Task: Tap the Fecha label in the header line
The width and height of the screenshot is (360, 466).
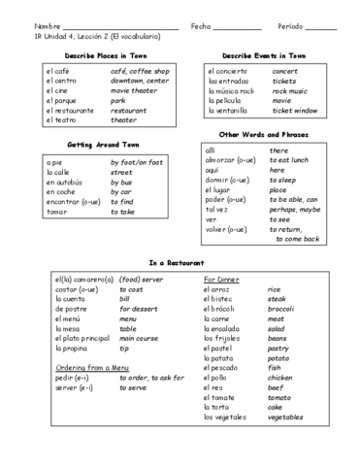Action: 201,25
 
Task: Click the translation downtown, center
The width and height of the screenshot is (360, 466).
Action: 140,82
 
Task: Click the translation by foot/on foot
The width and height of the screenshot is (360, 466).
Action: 142,162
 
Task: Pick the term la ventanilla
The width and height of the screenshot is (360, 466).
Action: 230,111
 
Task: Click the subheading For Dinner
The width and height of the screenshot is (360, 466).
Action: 226,279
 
